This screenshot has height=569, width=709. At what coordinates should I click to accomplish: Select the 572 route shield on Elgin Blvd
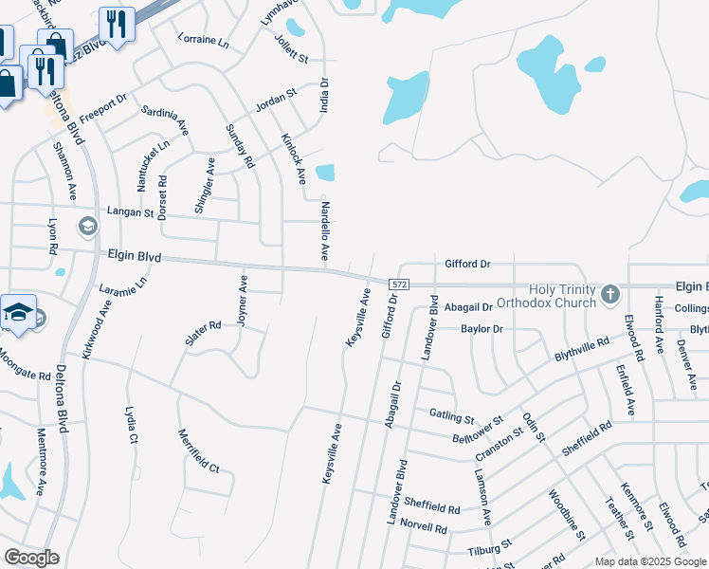tap(399, 284)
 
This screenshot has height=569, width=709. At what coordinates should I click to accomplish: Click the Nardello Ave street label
tap(324, 230)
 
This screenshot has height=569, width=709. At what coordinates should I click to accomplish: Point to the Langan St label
tap(130, 213)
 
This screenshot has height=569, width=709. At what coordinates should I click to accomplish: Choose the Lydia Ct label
tap(132, 425)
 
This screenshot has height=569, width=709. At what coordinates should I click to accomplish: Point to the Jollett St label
tap(291, 47)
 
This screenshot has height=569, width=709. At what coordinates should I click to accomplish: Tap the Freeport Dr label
tap(102, 107)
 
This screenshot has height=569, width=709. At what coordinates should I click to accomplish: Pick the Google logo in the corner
tap(31, 558)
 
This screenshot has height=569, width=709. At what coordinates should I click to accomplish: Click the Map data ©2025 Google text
tap(650, 561)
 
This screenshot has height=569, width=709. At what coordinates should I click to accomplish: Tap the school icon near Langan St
tap(87, 226)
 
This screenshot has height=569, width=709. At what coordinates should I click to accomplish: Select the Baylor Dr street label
tap(482, 329)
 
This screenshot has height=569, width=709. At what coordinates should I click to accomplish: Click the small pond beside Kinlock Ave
tap(325, 173)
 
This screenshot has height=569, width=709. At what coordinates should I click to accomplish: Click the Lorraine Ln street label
tap(204, 42)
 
